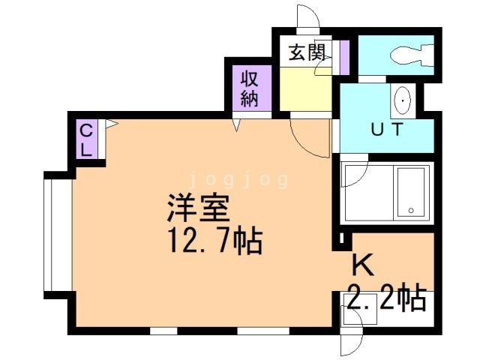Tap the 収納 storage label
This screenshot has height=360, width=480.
(x=249, y=88)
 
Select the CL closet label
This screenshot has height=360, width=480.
(x=87, y=139)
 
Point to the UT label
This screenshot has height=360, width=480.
(x=387, y=129)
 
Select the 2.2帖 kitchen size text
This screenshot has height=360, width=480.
(x=386, y=298)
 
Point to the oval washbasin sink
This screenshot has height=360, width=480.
(x=403, y=99)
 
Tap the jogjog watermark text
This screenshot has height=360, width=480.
(x=239, y=179)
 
